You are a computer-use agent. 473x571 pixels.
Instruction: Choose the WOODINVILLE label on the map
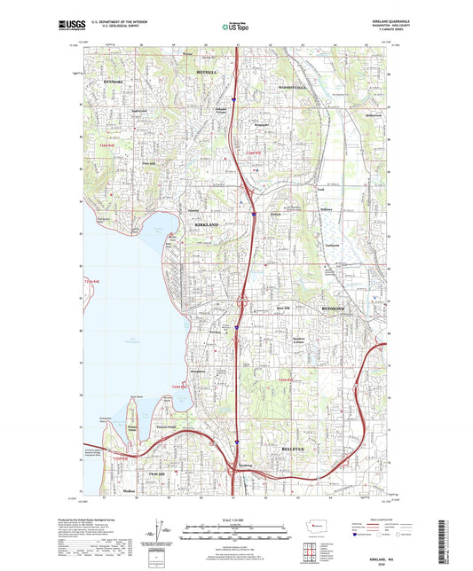[293, 89]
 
